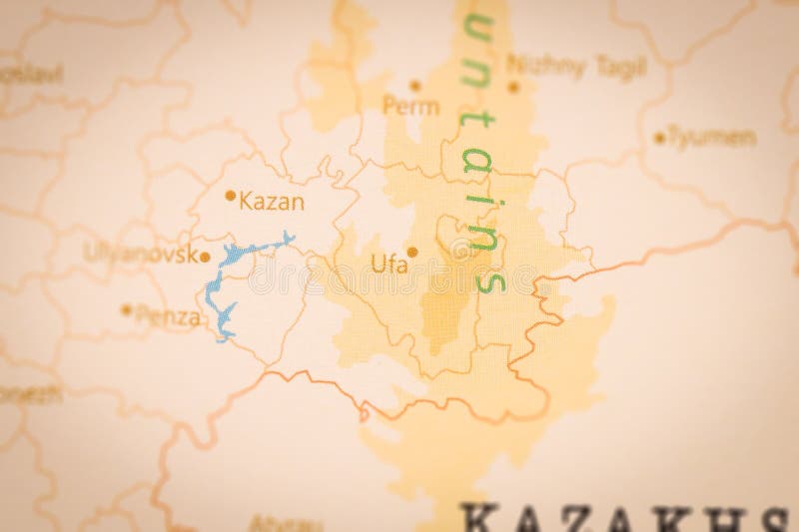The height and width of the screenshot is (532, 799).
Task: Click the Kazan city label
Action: (273, 201)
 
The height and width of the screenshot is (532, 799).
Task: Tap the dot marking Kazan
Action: (231, 197)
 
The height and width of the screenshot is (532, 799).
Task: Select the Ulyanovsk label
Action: (139, 253)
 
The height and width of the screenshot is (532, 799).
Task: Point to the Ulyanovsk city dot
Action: (205, 257)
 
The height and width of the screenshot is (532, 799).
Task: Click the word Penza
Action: (168, 318)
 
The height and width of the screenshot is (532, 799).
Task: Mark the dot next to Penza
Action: (126, 309)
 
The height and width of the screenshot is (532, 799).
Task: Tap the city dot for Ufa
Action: (411, 252)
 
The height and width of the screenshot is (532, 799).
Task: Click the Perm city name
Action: (410, 105)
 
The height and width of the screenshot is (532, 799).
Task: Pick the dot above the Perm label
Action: (415, 86)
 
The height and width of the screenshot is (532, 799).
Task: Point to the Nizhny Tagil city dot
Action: (513, 87)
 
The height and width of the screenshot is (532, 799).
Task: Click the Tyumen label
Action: (711, 136)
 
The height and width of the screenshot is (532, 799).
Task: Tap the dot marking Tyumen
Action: (659, 138)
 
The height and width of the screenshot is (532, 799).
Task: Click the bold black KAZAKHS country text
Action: (624, 518)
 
